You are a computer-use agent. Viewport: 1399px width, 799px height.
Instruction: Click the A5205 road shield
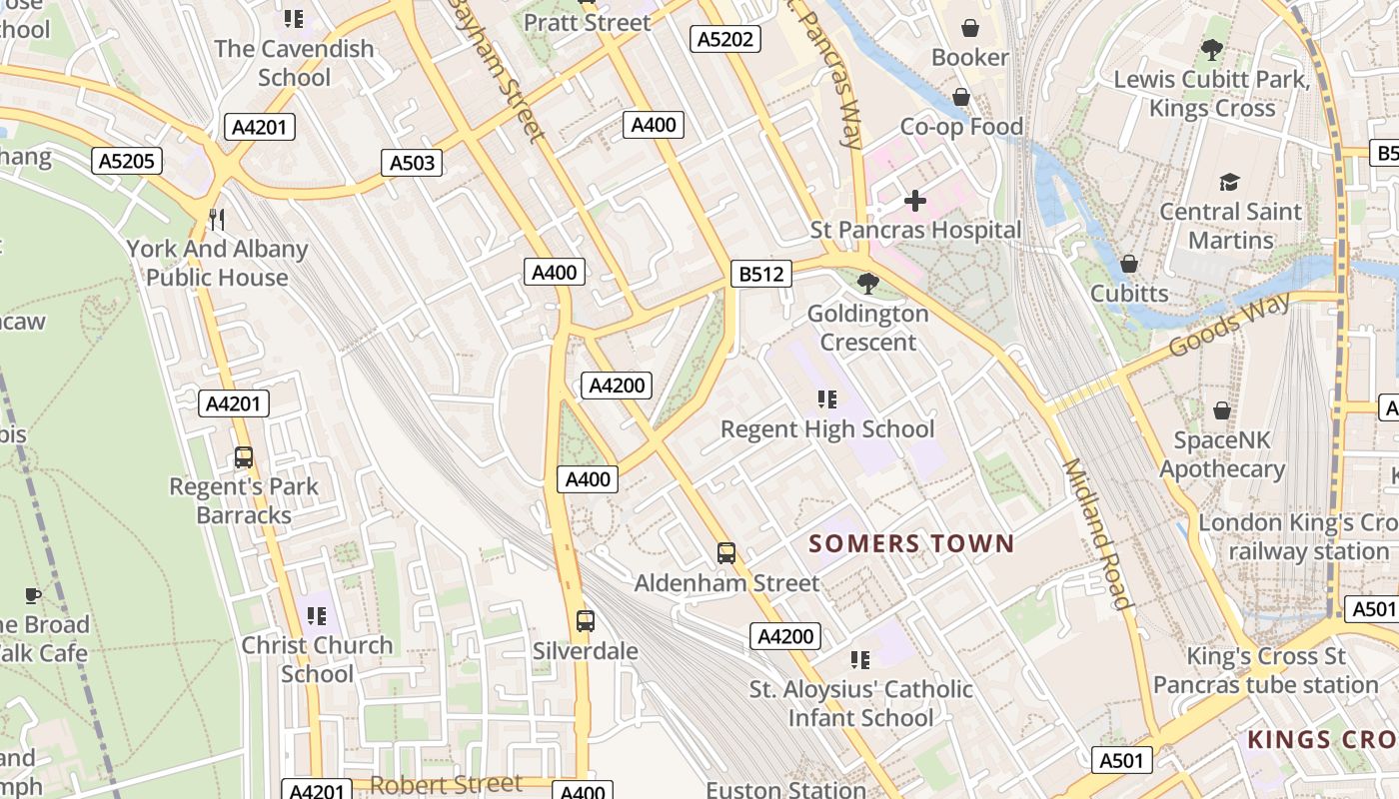click(x=128, y=161)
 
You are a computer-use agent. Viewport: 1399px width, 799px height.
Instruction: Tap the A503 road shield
click(x=412, y=163)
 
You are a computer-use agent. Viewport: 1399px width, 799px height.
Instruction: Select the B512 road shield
click(x=760, y=274)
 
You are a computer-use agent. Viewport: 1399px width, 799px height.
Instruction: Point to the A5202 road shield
click(x=725, y=39)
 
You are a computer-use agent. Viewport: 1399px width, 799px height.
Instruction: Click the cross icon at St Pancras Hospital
click(x=914, y=201)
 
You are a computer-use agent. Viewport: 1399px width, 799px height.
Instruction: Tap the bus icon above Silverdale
click(x=586, y=621)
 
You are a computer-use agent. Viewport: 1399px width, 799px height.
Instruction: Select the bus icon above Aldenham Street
click(x=726, y=552)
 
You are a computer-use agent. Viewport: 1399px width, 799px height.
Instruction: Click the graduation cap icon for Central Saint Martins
click(x=1229, y=182)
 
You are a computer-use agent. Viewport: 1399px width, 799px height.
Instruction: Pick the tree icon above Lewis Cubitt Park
click(x=1211, y=49)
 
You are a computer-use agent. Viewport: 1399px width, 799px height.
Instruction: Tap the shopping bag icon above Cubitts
click(x=1128, y=264)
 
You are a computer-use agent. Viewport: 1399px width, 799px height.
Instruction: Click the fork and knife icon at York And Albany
click(x=217, y=219)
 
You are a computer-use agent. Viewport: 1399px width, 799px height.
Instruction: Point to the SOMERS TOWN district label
click(x=911, y=544)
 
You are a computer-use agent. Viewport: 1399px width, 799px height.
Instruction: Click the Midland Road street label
click(x=1096, y=533)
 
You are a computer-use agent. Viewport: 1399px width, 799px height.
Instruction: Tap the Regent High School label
click(x=827, y=429)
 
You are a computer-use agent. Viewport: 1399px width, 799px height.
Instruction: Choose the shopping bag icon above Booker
click(x=969, y=28)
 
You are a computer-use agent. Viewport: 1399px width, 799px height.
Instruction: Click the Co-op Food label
click(x=961, y=127)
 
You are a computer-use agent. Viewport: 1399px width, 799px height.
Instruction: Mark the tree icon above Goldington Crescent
click(x=867, y=284)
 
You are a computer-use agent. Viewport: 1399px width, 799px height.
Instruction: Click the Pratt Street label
click(x=587, y=22)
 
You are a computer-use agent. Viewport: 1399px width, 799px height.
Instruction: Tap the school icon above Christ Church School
click(x=317, y=615)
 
